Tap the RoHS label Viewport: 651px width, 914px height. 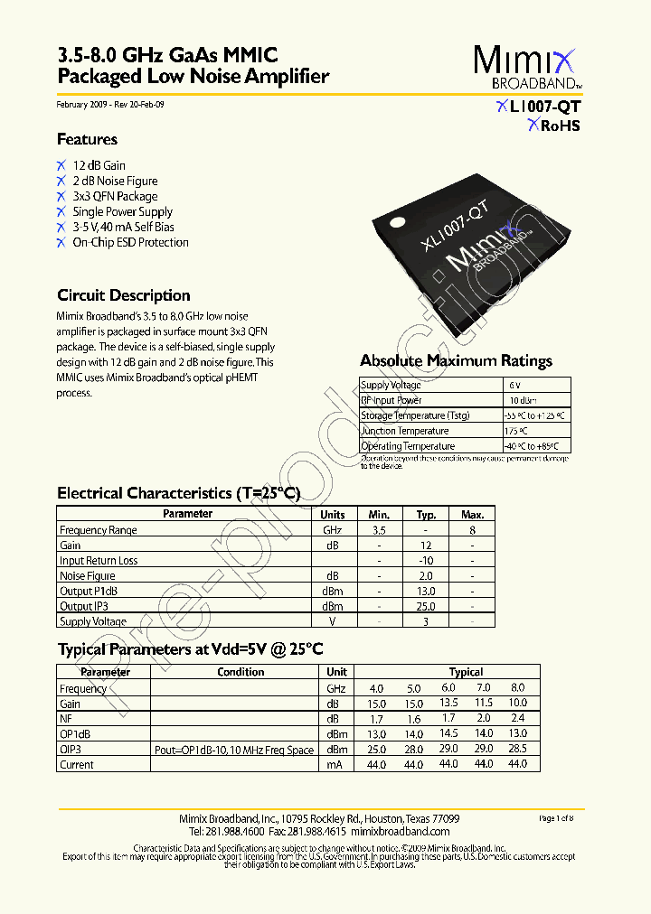pyautogui.click(x=554, y=126)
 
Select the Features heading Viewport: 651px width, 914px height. pyautogui.click(x=87, y=139)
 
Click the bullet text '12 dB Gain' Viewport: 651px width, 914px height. pyautogui.click(x=99, y=165)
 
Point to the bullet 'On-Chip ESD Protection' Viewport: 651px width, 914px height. pyautogui.click(x=130, y=242)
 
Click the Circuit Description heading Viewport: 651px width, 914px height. pyautogui.click(x=123, y=295)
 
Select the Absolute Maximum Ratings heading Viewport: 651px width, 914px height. pyautogui.click(x=456, y=360)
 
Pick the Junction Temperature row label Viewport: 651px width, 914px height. pyautogui.click(x=405, y=431)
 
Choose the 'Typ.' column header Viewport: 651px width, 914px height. pyautogui.click(x=426, y=514)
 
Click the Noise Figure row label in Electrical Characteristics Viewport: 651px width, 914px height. pyautogui.click(x=88, y=575)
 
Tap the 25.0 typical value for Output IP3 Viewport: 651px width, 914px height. pyautogui.click(x=426, y=606)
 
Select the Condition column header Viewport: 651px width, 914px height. pyautogui.click(x=241, y=672)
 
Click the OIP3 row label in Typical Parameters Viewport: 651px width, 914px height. pyautogui.click(x=71, y=750)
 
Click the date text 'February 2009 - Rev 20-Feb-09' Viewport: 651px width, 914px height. pyautogui.click(x=110, y=105)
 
